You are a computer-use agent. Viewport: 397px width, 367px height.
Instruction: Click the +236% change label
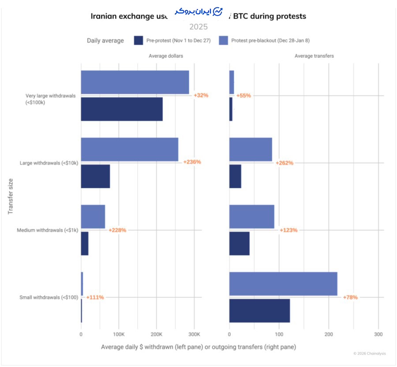coord(192,162)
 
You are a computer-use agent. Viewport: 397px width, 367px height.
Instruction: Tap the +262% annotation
coord(285,163)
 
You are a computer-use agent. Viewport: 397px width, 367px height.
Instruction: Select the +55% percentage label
coord(243,95)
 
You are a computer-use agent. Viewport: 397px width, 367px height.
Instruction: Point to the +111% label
coord(95,297)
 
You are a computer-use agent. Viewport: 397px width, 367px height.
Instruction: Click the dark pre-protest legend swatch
coord(139,41)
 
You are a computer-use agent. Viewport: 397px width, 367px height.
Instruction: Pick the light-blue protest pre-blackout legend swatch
coord(224,41)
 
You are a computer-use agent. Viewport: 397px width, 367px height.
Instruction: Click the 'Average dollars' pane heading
coord(165,56)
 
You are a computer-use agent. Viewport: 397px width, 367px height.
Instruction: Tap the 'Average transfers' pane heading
coord(314,56)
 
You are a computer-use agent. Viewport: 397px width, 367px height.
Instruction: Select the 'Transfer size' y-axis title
coord(11,196)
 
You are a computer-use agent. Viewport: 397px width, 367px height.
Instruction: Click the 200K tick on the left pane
coord(157,334)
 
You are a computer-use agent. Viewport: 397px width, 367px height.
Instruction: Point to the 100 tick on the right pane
coord(279,334)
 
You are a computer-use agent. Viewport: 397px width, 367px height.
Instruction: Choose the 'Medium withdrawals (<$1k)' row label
coord(48,230)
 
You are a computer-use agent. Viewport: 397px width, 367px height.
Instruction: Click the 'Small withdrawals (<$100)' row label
coord(49,297)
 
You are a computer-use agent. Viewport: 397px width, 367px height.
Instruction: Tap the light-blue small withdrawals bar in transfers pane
coord(283,284)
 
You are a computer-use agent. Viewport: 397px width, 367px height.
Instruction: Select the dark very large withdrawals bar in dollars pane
coord(122,109)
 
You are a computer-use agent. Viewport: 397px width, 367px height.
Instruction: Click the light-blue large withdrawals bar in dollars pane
coord(130,149)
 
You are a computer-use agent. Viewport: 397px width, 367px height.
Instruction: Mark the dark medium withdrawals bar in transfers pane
coord(239,243)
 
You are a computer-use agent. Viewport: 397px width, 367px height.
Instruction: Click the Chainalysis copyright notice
coord(369,353)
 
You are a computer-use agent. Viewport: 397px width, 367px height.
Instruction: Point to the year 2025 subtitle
coord(198,27)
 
